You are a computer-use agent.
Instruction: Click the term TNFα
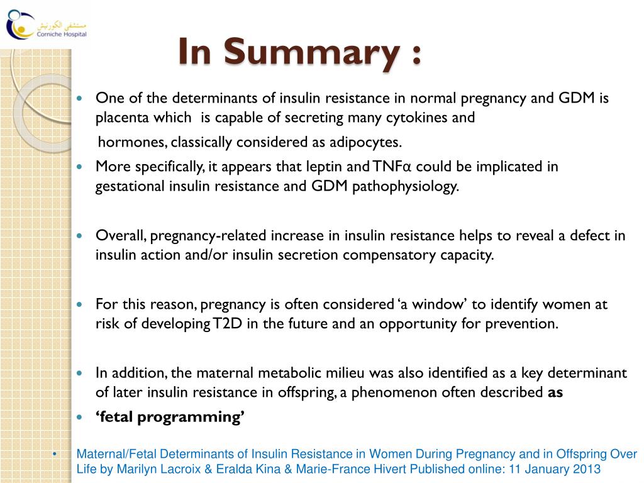pyautogui.click(x=391, y=167)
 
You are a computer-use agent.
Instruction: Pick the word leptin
pyautogui.click(x=326, y=167)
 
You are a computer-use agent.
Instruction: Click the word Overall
pyautogui.click(x=121, y=236)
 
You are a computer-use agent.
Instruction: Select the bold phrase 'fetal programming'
pyautogui.click(x=170, y=416)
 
